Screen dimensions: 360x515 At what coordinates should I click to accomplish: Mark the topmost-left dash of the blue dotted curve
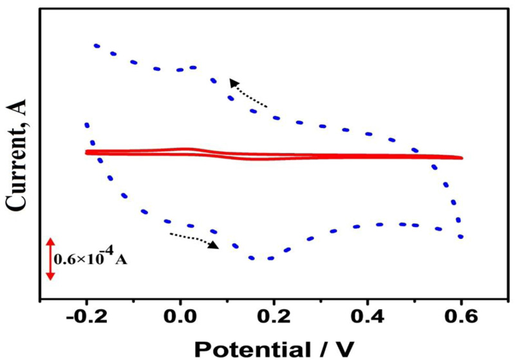[x=97, y=46]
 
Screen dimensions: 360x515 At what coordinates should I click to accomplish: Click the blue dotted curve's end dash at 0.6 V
[x=461, y=236]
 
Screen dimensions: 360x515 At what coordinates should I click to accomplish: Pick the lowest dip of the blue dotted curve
[x=257, y=258]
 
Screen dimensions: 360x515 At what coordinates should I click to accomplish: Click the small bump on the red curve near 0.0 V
[x=187, y=149]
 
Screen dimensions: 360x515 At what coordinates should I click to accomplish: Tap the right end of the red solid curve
[x=461, y=157]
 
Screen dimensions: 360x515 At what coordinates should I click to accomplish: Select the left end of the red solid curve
[x=86, y=153]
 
